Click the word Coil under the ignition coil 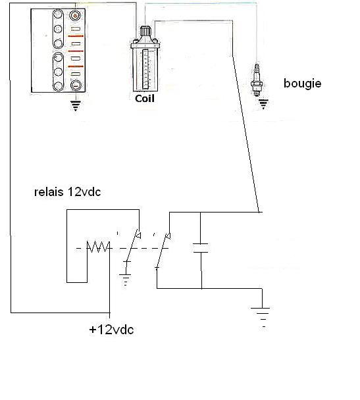pyautogui.click(x=145, y=99)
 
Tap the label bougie pyautogui.click(x=302, y=84)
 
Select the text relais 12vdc pyautogui.click(x=67, y=192)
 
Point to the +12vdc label pyautogui.click(x=111, y=330)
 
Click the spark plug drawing pyautogui.click(x=256, y=80)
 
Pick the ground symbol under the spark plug pyautogui.click(x=263, y=104)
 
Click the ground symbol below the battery pyautogui.click(x=76, y=106)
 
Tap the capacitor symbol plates pyautogui.click(x=201, y=248)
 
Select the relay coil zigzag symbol pyautogui.click(x=99, y=247)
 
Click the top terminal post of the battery pyautogui.click(x=75, y=16)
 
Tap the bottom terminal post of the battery pyautogui.click(x=76, y=86)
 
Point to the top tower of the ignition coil pyautogui.click(x=144, y=31)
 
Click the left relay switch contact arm pyautogui.click(x=133, y=245)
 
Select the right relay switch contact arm pyautogui.click(x=163, y=250)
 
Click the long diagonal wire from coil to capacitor pyautogui.click(x=245, y=134)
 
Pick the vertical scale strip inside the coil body pyautogui.click(x=145, y=69)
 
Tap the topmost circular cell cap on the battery pyautogui.click(x=58, y=14)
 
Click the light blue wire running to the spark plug pyautogui.click(x=201, y=3)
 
